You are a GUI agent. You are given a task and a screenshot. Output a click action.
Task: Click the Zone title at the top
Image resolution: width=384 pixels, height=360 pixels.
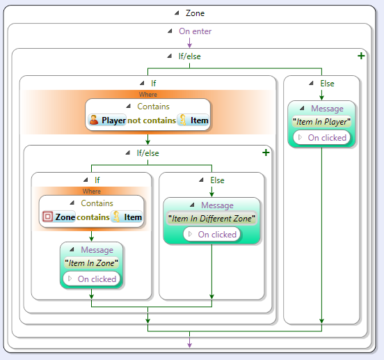pos(195,13)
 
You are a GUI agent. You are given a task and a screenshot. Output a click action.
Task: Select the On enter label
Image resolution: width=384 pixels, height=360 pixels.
pos(195,31)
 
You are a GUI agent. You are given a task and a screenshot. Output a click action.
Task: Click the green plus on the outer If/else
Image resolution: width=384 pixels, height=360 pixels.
pos(361,56)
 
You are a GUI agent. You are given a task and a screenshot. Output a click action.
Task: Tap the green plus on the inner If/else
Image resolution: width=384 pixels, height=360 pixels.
pos(266,152)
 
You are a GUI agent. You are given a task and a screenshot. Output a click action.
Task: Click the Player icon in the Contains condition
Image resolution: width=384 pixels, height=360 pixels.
pos(93,120)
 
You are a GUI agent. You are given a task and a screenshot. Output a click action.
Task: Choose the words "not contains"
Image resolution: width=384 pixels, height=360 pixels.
pos(152,120)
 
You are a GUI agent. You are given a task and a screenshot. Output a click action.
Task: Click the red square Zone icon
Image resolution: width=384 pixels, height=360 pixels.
pos(47,217)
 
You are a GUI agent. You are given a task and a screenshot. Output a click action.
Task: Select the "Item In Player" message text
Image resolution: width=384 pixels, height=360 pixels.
pos(321,122)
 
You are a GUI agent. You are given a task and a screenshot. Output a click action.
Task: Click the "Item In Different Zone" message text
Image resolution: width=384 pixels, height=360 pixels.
pos(211,219)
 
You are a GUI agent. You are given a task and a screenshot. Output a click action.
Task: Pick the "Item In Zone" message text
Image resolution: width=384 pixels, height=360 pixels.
pos(91,263)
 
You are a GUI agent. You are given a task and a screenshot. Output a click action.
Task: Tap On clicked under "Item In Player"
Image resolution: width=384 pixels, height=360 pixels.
pos(327,138)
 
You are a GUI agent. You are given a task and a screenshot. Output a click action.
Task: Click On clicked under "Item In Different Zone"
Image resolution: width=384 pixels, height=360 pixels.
pos(217,235)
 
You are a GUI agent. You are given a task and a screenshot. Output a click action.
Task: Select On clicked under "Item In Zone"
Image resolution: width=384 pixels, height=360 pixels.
pos(97,279)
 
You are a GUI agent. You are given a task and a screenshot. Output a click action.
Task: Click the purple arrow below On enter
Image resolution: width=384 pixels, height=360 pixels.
pos(189,42)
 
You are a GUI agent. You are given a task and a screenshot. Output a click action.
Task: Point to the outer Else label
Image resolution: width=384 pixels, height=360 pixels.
pos(327,84)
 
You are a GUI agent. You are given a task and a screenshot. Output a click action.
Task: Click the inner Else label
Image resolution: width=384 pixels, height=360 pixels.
pos(217,180)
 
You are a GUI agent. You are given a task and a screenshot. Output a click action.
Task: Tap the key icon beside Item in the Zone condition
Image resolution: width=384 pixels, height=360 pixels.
pos(117,217)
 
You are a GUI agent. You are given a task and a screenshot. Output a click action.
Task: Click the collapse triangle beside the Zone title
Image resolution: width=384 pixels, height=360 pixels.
pos(177,13)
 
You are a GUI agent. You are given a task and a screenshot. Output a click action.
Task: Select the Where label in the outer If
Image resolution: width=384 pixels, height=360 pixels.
pos(148,94)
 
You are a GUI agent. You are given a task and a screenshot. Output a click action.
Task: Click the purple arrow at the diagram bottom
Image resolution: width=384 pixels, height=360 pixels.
pos(189,343)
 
